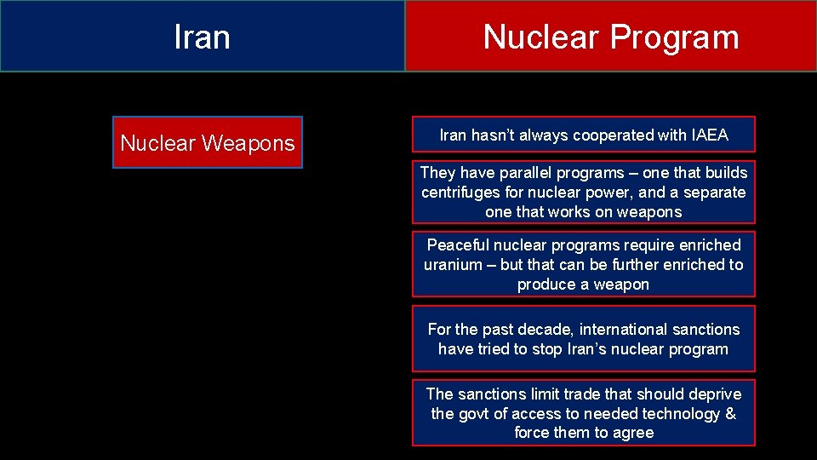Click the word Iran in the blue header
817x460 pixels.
pyautogui.click(x=202, y=37)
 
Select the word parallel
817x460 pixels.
pyautogui.click(x=520, y=173)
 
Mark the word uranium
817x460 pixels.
pyautogui.click(x=453, y=265)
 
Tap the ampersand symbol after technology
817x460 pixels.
pyautogui.click(x=729, y=414)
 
